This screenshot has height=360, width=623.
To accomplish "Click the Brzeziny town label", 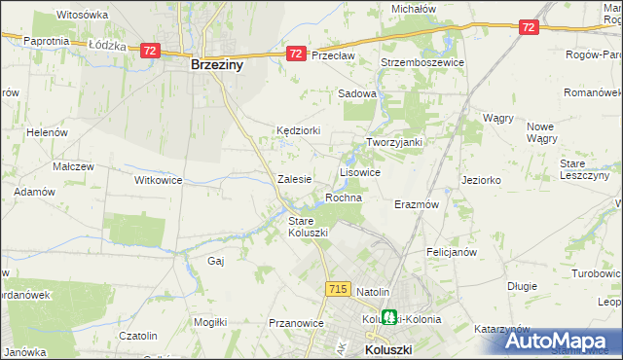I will pyautogui.click(x=216, y=67).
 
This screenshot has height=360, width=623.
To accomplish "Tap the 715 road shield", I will pyautogui.click(x=338, y=289).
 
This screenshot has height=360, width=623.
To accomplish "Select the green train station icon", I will pyautogui.click(x=389, y=317).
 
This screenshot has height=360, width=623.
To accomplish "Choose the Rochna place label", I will pyautogui.click(x=344, y=198).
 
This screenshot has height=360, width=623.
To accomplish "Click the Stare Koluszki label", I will pyautogui.click(x=309, y=227).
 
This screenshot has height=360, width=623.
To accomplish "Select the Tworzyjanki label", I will pyautogui.click(x=394, y=142).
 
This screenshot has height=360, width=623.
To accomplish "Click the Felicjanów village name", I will pyautogui.click(x=451, y=251).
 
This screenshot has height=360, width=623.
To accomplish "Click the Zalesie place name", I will pyautogui.click(x=294, y=179).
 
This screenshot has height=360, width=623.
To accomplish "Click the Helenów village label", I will pyautogui.click(x=46, y=132).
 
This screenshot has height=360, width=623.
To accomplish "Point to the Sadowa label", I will pyautogui.click(x=356, y=93).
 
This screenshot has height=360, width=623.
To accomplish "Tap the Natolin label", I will pyautogui.click(x=373, y=292).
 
